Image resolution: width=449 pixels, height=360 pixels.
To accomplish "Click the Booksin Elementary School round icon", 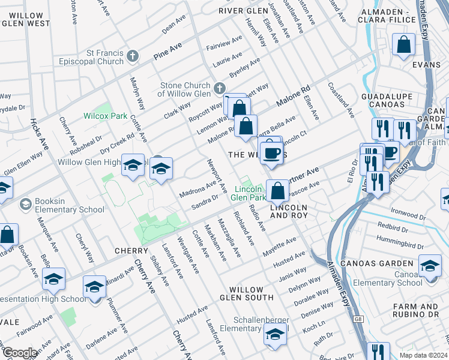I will coord(25,205).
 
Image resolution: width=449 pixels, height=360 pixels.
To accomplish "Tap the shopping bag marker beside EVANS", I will coord(404,44).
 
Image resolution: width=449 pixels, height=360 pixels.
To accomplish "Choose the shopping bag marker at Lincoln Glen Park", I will coord(277,191).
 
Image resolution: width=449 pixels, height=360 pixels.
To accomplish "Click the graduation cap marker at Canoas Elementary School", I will coord(430,265).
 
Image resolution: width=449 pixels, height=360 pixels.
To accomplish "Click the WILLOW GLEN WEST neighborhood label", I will coord(26,19).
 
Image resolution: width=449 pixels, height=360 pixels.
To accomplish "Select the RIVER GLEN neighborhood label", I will coord(243,11).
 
